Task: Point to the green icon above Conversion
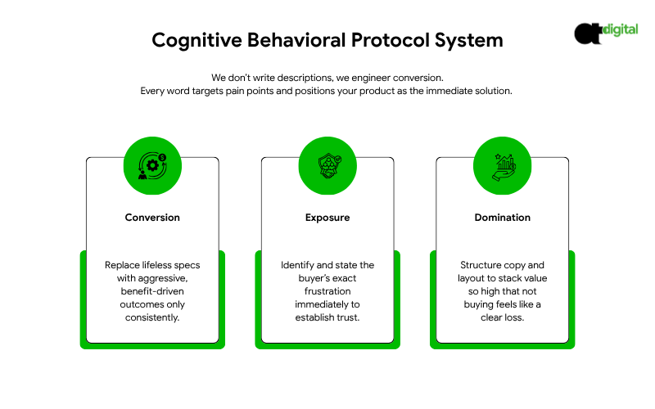152,164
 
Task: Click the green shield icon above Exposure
327,164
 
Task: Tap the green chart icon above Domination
502,164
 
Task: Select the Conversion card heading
152,218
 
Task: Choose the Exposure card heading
327,218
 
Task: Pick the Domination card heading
502,218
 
